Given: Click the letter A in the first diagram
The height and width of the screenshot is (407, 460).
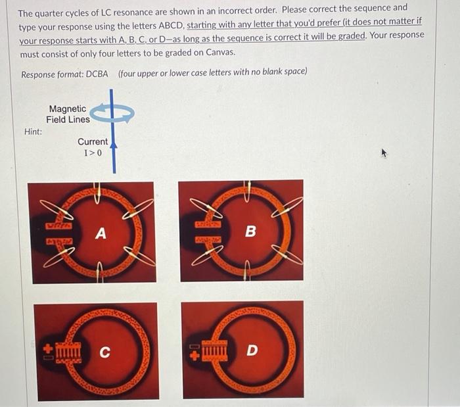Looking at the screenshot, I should point(101,233).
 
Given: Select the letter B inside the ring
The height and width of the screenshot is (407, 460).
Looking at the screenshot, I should point(250,231).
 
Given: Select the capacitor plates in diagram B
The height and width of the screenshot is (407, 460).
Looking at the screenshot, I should point(207,231).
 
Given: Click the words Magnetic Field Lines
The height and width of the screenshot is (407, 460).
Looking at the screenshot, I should point(68,114).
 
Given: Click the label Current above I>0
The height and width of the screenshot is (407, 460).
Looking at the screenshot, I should point(93,141).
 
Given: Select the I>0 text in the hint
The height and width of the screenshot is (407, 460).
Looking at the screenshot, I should point(93,153).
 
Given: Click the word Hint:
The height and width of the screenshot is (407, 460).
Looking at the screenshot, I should point(33,132).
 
